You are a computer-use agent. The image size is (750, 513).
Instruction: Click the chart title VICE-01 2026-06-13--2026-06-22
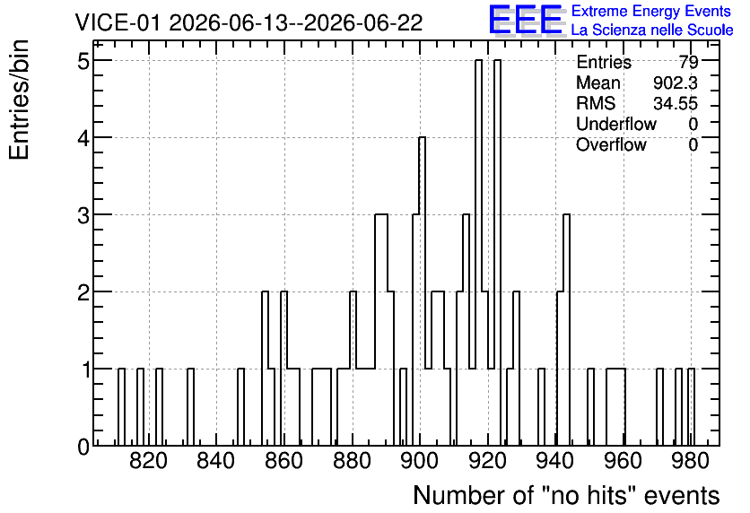point(249,22)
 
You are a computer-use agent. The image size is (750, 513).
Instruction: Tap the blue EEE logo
point(526,21)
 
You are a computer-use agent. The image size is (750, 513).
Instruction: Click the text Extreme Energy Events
point(651,11)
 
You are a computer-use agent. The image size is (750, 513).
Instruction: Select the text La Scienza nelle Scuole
point(652,30)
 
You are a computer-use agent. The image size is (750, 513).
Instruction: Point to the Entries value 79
point(688,62)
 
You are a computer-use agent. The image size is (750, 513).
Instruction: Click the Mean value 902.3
point(676,83)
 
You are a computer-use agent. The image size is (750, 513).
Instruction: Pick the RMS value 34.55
point(676,103)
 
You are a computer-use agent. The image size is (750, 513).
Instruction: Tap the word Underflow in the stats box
point(616,124)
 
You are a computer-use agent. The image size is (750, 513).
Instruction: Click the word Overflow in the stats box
point(611,144)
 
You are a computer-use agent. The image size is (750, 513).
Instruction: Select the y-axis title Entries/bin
point(20,100)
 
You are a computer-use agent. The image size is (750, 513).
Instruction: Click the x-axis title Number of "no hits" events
point(566,496)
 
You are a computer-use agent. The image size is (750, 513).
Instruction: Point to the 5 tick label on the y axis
point(84,61)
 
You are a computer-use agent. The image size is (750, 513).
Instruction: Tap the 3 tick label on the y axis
point(84,215)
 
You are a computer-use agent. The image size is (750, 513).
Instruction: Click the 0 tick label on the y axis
point(84,447)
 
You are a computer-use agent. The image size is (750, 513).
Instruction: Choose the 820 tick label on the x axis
point(149,462)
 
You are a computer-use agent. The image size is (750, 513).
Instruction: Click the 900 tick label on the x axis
point(420,462)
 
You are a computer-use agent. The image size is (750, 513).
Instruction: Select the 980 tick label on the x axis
point(691,462)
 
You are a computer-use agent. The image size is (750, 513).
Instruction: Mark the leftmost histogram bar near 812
point(121,407)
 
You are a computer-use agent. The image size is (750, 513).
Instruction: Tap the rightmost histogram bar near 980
point(691,407)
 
